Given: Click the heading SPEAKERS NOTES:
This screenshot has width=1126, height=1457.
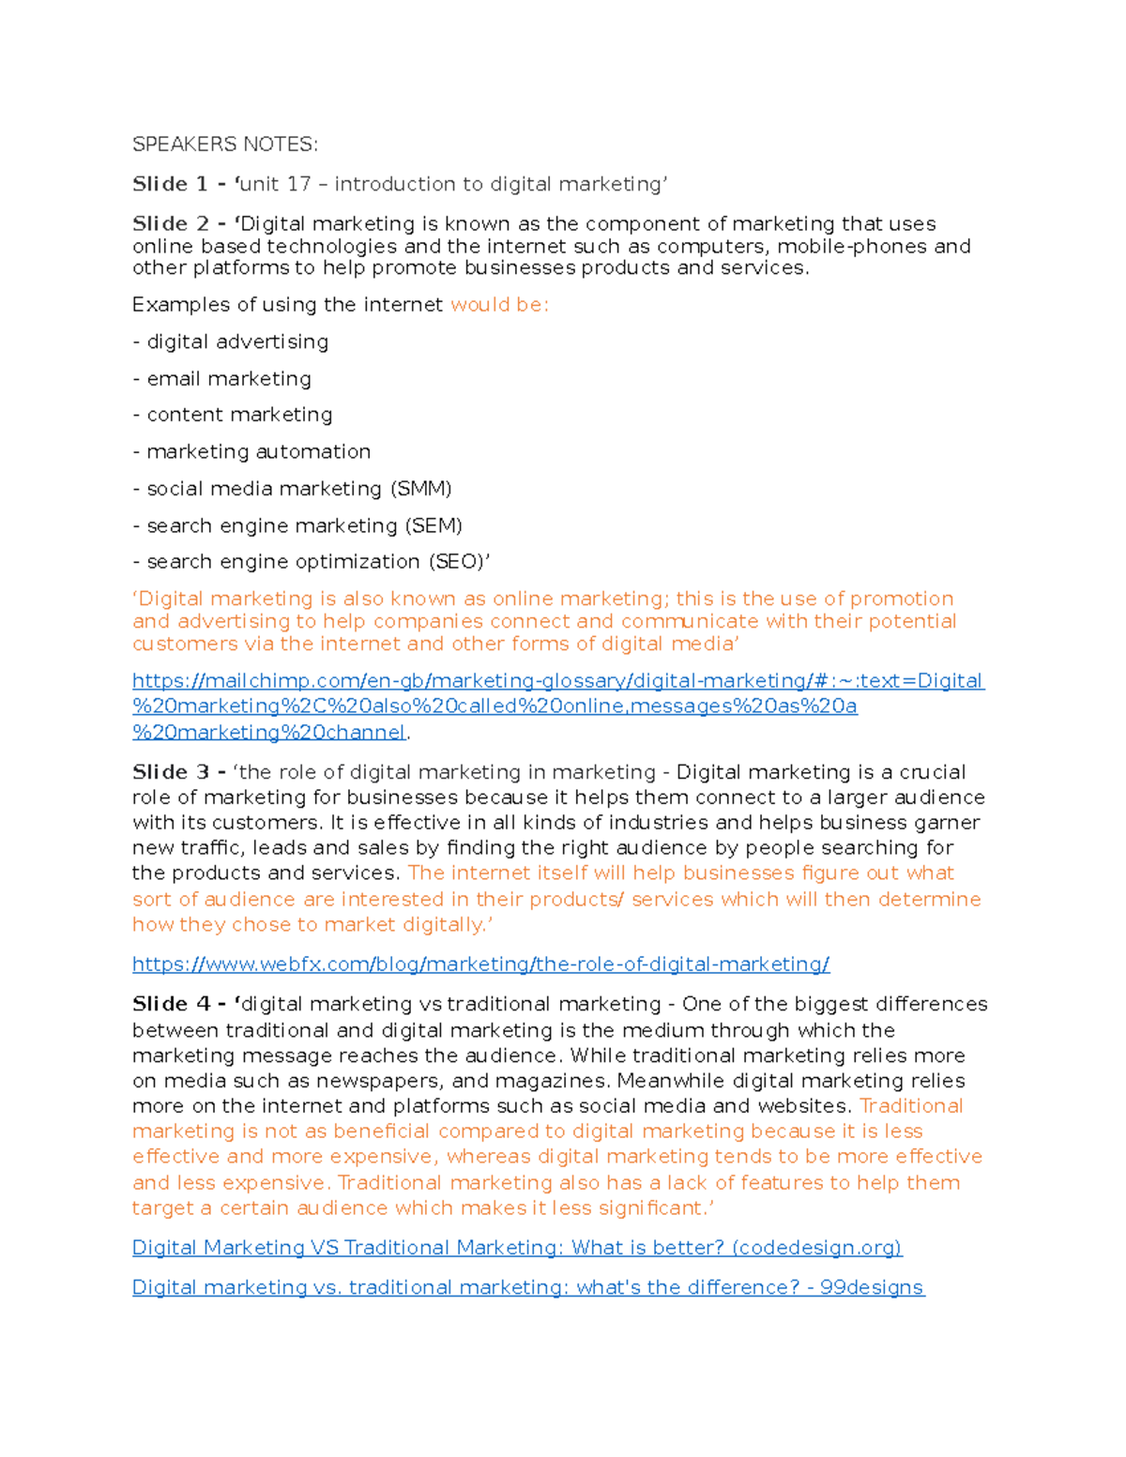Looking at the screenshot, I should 225,144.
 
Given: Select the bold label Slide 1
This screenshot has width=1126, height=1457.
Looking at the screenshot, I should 170,184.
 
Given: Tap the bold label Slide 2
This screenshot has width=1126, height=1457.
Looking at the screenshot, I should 171,224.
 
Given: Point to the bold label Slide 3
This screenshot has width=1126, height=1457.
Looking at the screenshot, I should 171,772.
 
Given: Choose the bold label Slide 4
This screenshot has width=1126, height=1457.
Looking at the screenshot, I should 171,1004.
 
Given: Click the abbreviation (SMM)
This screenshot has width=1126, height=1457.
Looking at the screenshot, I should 421,489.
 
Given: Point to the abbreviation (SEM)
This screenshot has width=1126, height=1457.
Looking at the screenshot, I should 434,525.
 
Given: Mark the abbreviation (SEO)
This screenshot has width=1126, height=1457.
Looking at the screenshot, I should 456,562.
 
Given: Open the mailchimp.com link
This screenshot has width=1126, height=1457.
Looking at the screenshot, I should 557,681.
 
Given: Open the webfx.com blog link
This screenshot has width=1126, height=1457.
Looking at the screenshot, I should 480,964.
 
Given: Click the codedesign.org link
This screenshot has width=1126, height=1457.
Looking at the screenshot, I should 516,1248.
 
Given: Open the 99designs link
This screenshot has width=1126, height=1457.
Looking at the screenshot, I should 527,1287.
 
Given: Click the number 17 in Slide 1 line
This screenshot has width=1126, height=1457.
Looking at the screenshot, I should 298,184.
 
